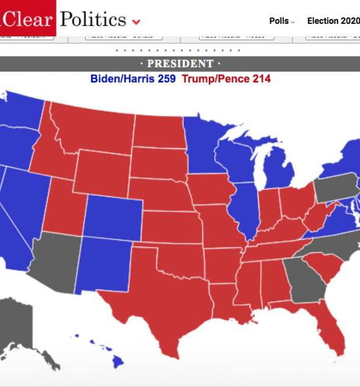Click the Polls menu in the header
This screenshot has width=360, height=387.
281,21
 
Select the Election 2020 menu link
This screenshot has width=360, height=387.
332,21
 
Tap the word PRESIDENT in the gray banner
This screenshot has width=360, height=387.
180,64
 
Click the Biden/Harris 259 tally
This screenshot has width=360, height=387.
133,79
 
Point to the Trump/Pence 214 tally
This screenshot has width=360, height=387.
226,79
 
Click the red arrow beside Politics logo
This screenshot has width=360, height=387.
136,22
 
